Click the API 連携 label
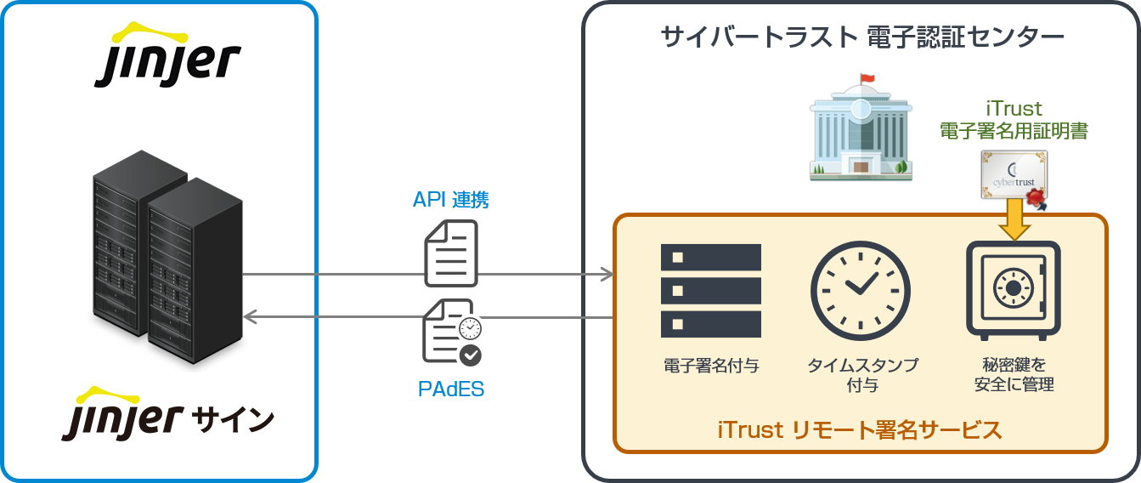(x=451, y=200)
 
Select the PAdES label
(x=451, y=389)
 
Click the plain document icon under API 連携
(x=451, y=253)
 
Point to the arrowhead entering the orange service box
(x=607, y=274)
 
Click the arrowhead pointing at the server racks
(x=250, y=316)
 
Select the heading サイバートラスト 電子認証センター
(x=862, y=37)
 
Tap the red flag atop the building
(x=867, y=79)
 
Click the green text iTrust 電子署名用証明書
(x=1014, y=120)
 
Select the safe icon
(x=1014, y=289)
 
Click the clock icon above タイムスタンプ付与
(x=861, y=289)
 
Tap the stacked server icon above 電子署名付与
(x=711, y=290)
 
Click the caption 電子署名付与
(x=711, y=367)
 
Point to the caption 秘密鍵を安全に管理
(x=1014, y=375)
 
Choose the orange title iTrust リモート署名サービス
(x=860, y=429)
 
